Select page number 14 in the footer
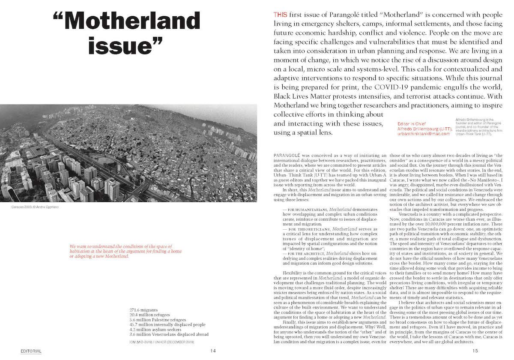213,351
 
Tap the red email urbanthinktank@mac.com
424,134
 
